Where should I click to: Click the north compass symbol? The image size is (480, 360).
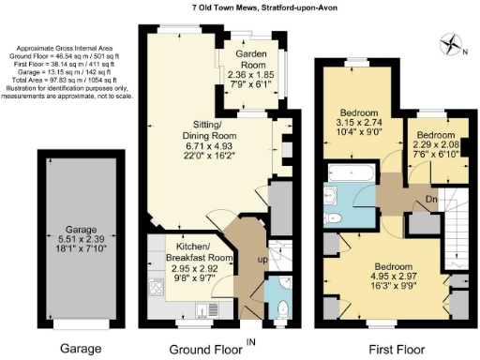click(x=451, y=43)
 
